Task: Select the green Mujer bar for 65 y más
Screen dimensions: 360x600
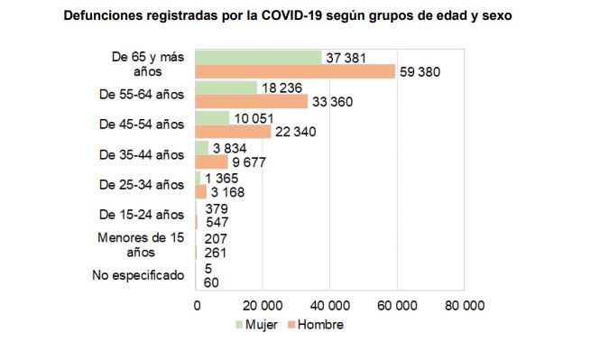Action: (259, 57)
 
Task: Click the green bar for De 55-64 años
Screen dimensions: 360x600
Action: (226, 88)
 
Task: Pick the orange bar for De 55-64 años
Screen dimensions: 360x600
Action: (252, 102)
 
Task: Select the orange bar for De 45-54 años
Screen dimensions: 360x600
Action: (234, 132)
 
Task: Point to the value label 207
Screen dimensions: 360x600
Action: (216, 238)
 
